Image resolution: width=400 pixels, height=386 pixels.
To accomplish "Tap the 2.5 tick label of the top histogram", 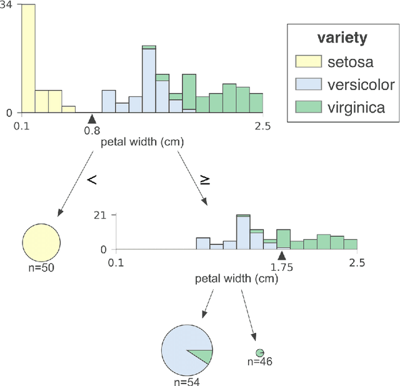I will [262, 126].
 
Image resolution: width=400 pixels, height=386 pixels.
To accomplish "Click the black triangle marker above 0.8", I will [92, 118].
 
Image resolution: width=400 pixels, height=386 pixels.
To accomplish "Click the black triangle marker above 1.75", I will [282, 255].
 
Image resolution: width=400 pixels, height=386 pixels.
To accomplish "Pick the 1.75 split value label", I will [281, 267].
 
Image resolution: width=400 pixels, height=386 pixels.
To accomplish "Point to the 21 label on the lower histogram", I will [100, 216].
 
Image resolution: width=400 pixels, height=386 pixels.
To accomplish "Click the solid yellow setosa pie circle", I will [41, 241].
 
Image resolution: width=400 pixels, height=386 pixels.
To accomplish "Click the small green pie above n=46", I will [259, 353].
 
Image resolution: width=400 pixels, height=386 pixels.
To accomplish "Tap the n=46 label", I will [259, 362].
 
